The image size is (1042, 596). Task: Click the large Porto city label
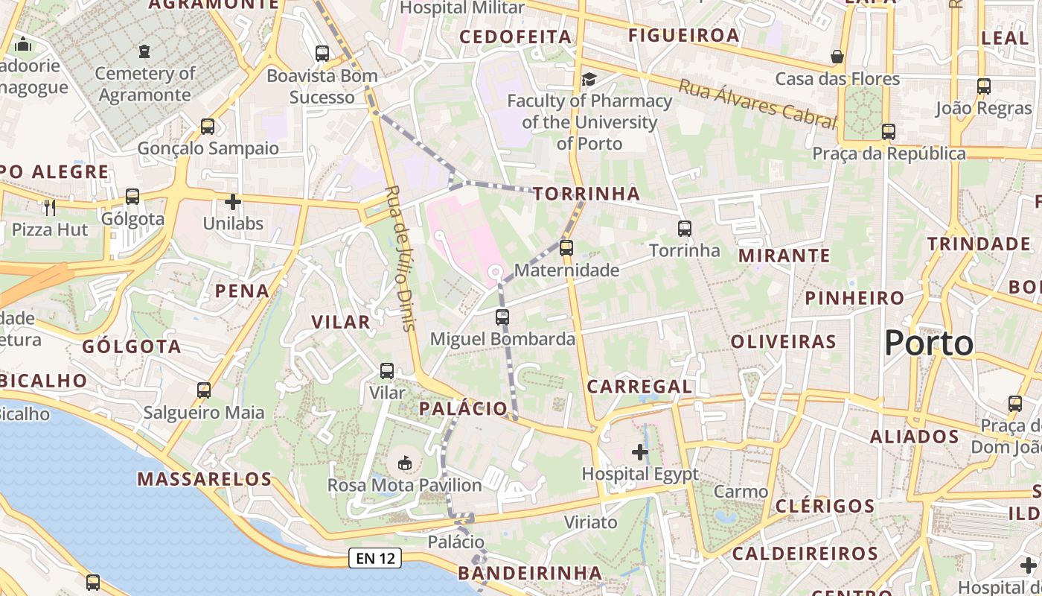(x=929, y=343)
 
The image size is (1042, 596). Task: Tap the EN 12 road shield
(x=375, y=558)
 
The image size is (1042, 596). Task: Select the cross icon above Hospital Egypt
(x=640, y=451)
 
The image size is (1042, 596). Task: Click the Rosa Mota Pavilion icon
(x=405, y=463)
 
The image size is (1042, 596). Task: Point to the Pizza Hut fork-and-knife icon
(x=50, y=206)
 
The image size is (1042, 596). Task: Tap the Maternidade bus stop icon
(x=566, y=248)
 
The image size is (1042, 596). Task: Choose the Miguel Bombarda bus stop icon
(x=502, y=317)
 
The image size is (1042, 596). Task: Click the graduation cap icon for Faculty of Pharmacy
(x=589, y=79)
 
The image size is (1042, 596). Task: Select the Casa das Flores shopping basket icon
(x=837, y=57)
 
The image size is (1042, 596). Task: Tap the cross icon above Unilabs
(x=233, y=201)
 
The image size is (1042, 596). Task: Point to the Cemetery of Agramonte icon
(x=144, y=51)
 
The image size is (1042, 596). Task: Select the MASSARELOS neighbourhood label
(x=205, y=479)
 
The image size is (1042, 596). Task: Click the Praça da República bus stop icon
(x=889, y=132)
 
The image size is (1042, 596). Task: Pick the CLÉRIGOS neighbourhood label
(x=825, y=507)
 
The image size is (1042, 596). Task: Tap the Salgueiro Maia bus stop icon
(x=204, y=390)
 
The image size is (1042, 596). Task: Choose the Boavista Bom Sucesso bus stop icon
(x=322, y=54)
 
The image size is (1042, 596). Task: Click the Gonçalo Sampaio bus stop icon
(x=208, y=127)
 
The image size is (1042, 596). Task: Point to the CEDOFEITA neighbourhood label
(x=515, y=37)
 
